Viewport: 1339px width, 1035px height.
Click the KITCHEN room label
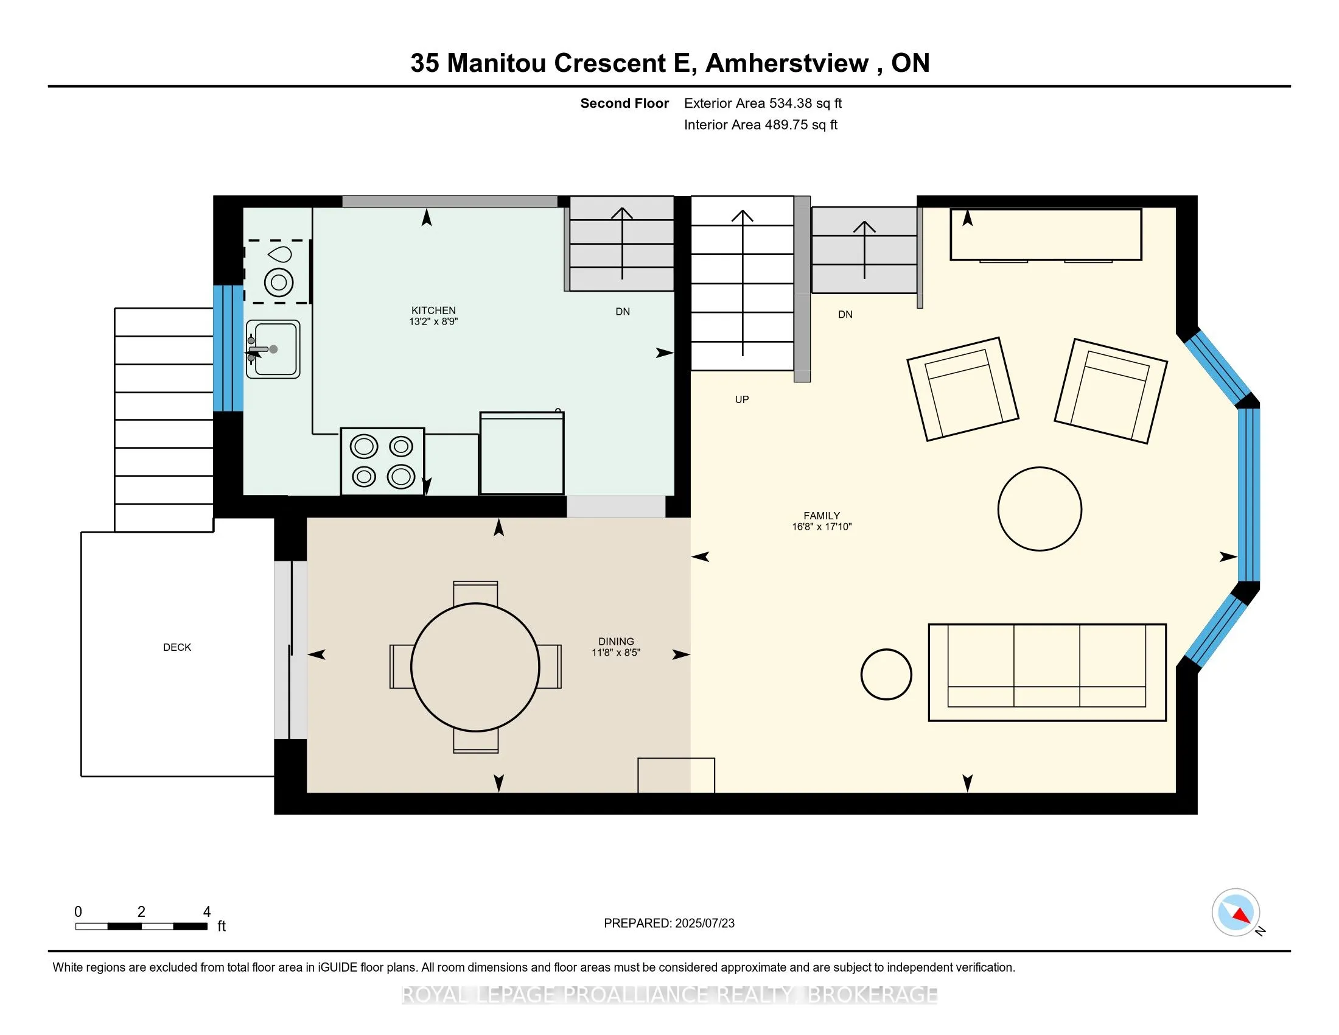[x=433, y=310]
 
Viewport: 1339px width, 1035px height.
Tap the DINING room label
[x=615, y=641]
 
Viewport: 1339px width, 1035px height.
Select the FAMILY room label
[x=822, y=516]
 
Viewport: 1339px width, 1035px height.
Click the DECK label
[x=177, y=648]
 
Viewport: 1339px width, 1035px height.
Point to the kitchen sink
[x=273, y=349]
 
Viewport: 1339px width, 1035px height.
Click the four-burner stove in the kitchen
[x=383, y=461]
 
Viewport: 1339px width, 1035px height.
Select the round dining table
[x=475, y=667]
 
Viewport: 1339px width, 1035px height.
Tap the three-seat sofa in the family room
[x=1047, y=673]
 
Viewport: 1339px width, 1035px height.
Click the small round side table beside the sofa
[x=886, y=675]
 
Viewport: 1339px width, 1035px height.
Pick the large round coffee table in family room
[x=1039, y=509]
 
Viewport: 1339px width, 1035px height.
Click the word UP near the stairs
[x=742, y=400]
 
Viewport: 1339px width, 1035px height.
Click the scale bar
[x=141, y=927]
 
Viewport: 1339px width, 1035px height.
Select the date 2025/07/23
[x=704, y=924]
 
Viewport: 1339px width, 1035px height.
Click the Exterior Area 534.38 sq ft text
[x=763, y=103]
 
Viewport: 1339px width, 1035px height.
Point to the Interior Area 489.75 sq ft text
[x=760, y=125]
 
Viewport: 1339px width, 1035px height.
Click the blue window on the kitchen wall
[x=228, y=348]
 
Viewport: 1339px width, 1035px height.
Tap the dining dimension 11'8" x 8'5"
[x=615, y=653]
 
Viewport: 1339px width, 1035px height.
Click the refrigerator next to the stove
[x=522, y=453]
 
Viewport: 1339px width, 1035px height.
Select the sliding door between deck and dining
[x=290, y=650]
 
